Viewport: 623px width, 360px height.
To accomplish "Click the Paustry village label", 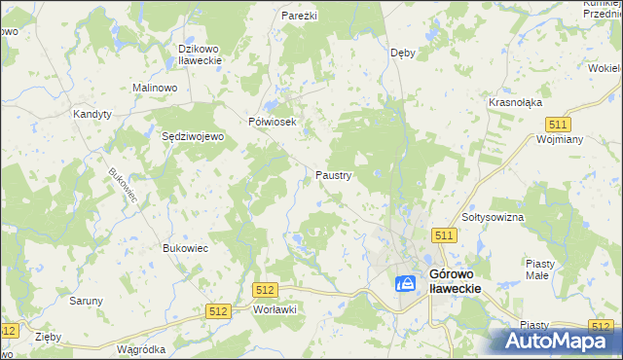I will (333, 175).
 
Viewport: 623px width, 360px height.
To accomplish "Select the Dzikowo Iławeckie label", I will (201, 54).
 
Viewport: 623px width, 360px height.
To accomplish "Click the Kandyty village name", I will (92, 114).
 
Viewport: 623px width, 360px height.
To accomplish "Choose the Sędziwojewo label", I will (193, 137).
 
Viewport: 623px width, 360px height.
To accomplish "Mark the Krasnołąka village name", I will (515, 102).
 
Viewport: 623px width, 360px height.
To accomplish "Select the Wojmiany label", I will (559, 139).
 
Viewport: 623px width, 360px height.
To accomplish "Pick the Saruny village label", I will (86, 301).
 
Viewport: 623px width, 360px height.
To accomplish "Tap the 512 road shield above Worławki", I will (265, 290).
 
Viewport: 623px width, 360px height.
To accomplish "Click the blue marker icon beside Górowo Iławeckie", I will (406, 283).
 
